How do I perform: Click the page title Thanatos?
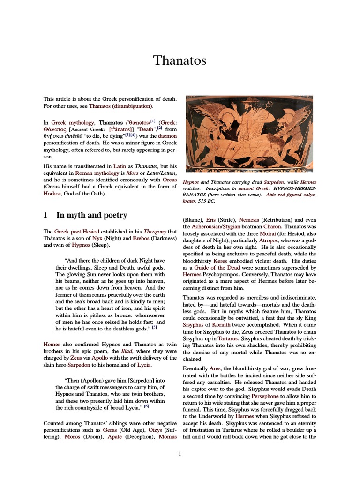click(180, 60)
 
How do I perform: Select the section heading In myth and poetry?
click(91, 215)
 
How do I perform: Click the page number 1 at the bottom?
click(180, 453)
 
